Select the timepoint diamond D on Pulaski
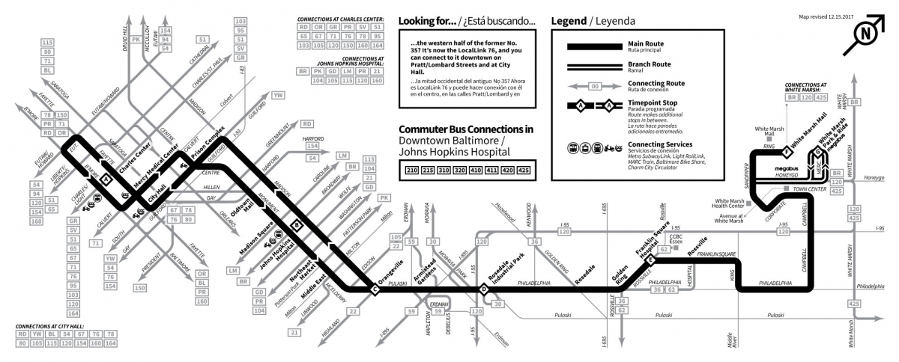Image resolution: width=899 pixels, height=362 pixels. click(484, 289)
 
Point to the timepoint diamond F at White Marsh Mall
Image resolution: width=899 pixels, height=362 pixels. click(786, 153)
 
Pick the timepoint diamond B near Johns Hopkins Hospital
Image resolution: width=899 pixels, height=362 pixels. click(297, 224)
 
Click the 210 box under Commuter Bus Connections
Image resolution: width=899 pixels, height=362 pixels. click(411, 171)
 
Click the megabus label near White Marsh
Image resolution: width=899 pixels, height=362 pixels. click(787, 170)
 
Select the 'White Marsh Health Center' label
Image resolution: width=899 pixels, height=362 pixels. click(727, 203)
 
